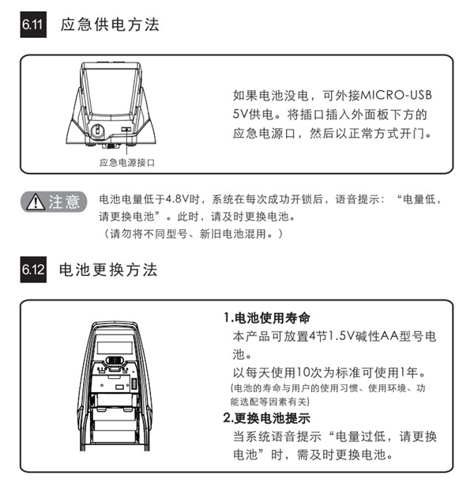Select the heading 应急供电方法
click(x=110, y=25)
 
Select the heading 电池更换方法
click(x=110, y=270)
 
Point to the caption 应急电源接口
click(x=126, y=162)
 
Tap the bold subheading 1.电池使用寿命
click(x=265, y=319)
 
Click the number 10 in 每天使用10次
click(x=303, y=372)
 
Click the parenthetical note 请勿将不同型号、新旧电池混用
click(x=191, y=234)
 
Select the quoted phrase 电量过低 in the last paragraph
click(x=355, y=437)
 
